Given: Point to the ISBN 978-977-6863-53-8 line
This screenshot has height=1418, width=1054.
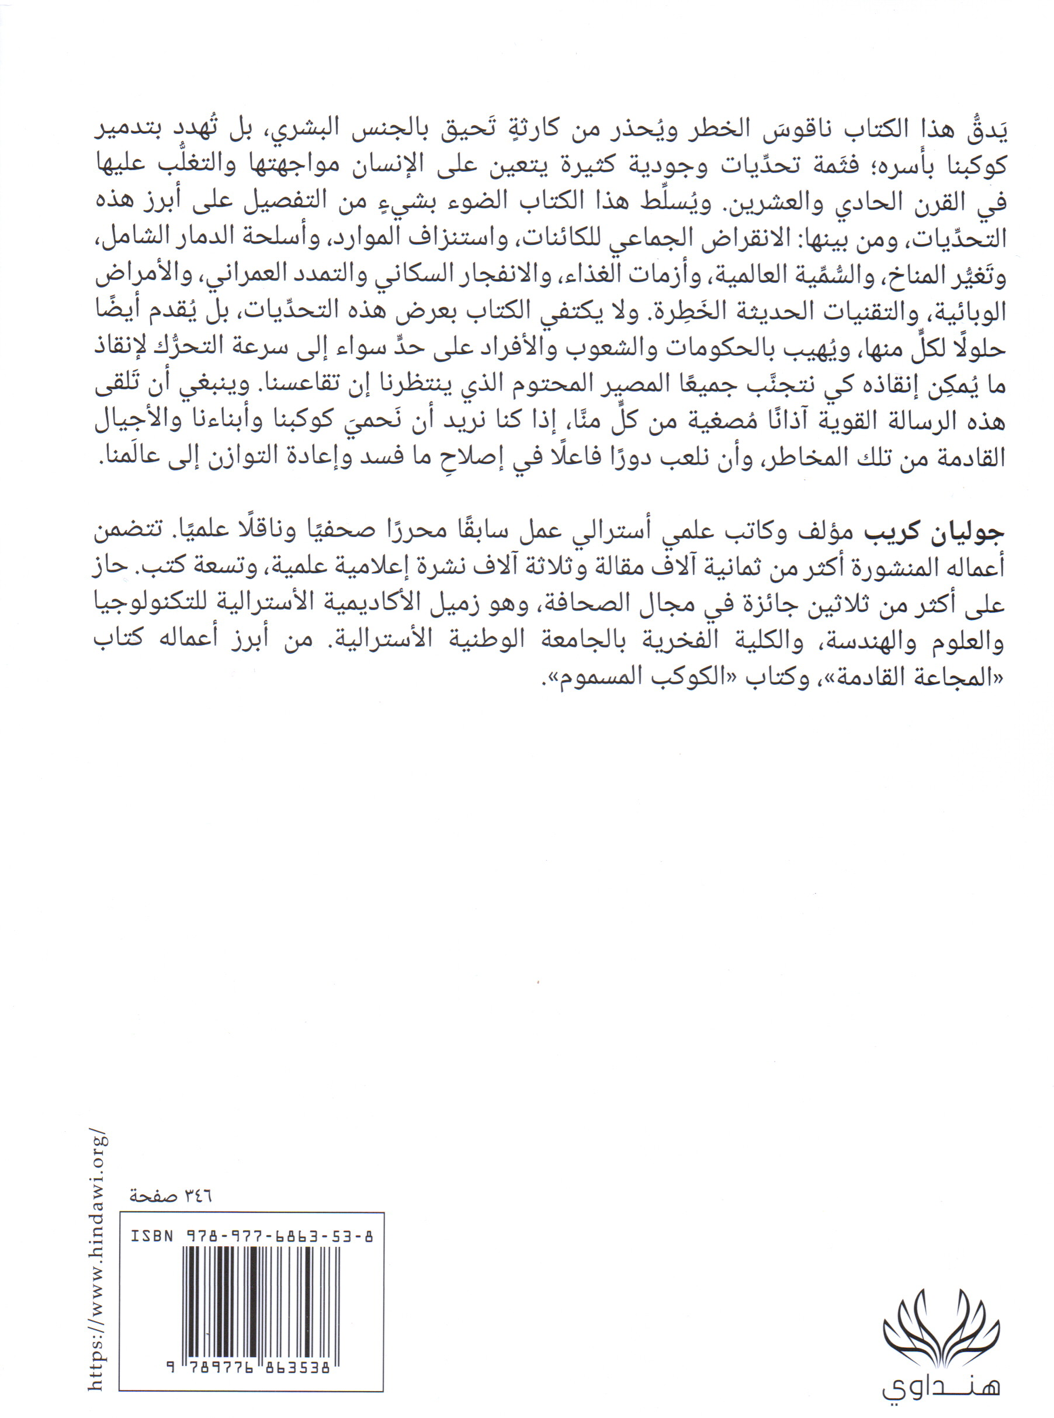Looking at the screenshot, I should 251,1237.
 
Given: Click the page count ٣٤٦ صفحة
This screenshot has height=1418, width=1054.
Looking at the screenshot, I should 171,1196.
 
